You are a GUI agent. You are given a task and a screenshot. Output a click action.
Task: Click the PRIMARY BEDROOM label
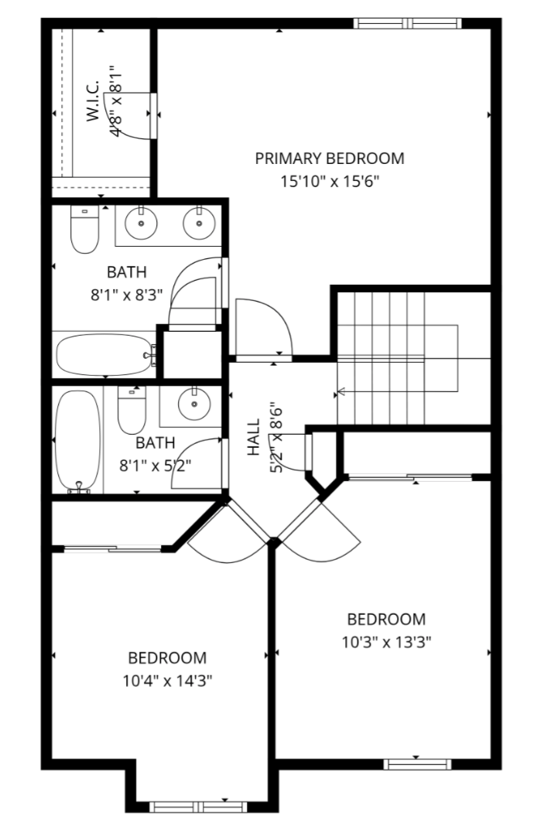coord(329,159)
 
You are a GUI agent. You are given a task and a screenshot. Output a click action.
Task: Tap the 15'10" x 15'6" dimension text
coord(330,182)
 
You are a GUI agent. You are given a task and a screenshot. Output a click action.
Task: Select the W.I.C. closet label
coord(93,101)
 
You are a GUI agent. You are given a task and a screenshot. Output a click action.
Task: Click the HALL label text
coord(253,437)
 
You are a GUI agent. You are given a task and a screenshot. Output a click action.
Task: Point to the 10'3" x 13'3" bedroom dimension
coord(386,642)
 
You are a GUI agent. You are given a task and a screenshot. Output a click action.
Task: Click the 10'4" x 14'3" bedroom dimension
coord(168,681)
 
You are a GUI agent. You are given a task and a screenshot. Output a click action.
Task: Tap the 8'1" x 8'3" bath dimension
coord(126,295)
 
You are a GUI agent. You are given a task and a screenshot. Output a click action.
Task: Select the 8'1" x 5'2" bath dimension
coord(155,466)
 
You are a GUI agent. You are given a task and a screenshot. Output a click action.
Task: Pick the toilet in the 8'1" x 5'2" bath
coord(132,410)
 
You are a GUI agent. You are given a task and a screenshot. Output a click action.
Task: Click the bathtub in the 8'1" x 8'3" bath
coord(105,355)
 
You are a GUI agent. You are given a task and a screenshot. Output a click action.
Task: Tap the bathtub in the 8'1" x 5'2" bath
coord(78,441)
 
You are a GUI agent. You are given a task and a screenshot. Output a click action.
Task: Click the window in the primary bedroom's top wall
coord(407,23)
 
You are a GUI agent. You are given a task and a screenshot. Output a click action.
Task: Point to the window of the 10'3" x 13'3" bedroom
coord(418,764)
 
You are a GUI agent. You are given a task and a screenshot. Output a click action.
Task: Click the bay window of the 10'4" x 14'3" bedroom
coord(198,807)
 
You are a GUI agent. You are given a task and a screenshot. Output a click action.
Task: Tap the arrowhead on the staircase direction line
coord(339,394)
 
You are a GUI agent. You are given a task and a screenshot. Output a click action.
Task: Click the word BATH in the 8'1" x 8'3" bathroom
coord(126,272)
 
